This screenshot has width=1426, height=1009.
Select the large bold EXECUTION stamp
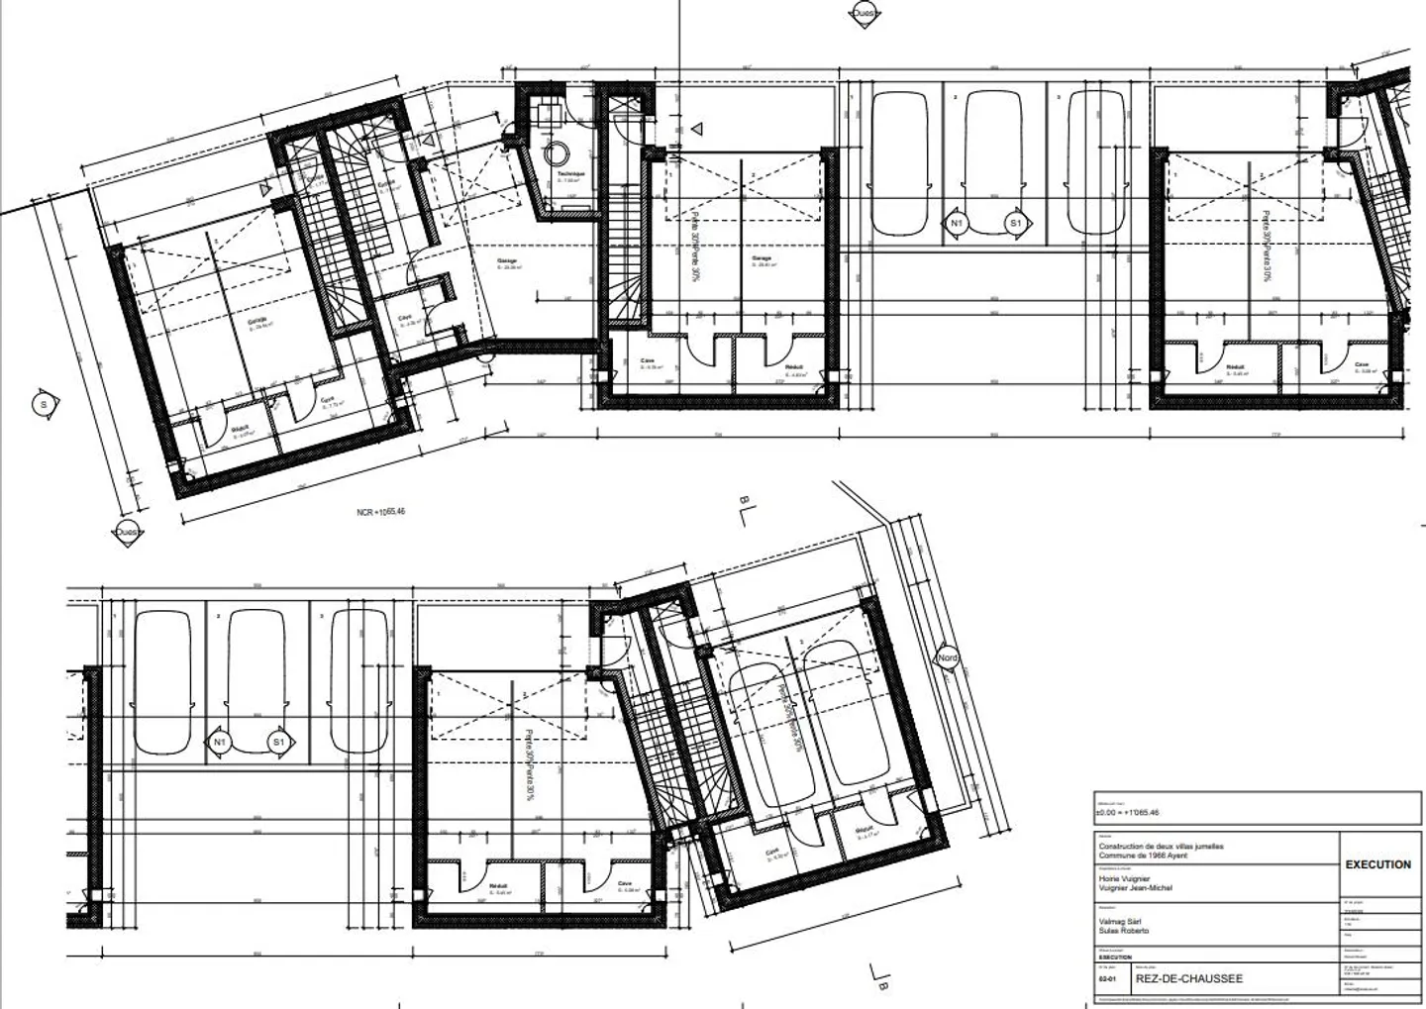[1377, 864]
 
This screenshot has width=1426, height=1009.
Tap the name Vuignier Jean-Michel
[1135, 888]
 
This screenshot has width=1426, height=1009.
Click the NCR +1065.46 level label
[381, 512]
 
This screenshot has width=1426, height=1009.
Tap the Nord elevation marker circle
[948, 657]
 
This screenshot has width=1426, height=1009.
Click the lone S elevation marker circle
[44, 404]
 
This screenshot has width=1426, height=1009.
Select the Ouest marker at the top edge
[864, 14]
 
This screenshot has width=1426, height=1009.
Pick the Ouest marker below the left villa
[126, 533]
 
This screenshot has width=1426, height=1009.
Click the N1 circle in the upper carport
[956, 224]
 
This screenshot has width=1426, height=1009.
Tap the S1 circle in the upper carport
[1015, 224]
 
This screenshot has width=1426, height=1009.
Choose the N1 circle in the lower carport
[219, 742]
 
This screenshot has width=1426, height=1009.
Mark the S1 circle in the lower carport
[278, 742]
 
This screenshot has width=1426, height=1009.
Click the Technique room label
[570, 175]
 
